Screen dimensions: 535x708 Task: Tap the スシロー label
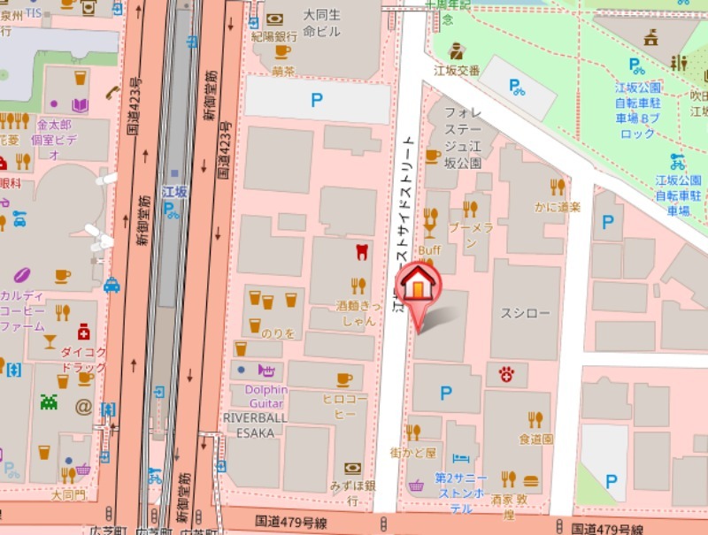click(x=526, y=313)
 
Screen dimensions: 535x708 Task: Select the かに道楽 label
click(x=557, y=207)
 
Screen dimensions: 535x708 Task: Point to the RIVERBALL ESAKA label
click(x=254, y=424)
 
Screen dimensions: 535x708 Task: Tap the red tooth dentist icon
click(x=360, y=251)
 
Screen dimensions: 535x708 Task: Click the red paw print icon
click(x=506, y=374)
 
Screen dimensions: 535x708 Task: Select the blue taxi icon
click(x=112, y=285)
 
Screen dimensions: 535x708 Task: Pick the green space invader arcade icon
click(x=49, y=401)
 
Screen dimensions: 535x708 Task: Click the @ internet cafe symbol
click(x=83, y=407)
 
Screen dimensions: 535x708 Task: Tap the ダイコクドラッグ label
click(x=83, y=358)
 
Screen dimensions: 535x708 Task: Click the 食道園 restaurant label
click(x=535, y=439)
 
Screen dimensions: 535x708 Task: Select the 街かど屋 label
click(x=413, y=453)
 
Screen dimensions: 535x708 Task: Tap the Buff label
click(x=429, y=250)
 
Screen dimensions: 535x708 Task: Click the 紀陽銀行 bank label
click(x=273, y=37)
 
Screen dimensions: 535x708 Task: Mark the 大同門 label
click(x=68, y=495)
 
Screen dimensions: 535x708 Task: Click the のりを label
click(x=276, y=333)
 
